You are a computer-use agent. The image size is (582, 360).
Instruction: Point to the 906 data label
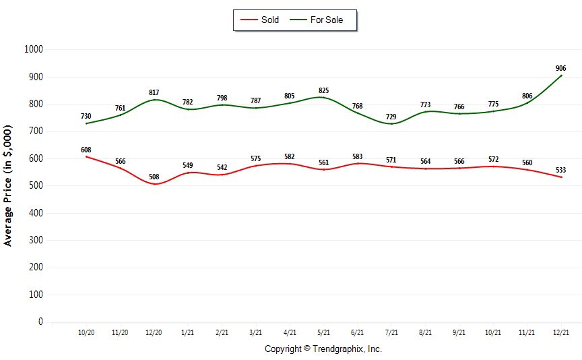coord(560,68)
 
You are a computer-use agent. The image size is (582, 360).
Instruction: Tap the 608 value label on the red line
coord(86,150)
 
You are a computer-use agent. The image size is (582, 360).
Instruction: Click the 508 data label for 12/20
coord(154,177)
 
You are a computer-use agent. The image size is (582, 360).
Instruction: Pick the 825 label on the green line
coord(324,90)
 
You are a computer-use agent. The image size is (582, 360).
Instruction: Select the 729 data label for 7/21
coord(391,117)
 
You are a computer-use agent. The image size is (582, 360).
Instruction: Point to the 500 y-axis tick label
coord(35,185)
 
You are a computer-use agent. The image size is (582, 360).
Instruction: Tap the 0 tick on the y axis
coord(40,322)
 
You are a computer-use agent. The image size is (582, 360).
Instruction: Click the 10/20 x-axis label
coord(86,332)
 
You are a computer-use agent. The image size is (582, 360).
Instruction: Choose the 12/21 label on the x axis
coord(561,332)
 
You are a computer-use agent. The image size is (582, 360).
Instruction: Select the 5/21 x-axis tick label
coord(324,332)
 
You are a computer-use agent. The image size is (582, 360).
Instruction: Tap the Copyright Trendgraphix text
coord(323,349)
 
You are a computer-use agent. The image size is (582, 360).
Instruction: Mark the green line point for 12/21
coord(561,76)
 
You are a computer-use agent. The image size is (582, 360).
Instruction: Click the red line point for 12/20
coord(154,184)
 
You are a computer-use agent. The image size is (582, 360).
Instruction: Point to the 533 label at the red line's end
coord(560,170)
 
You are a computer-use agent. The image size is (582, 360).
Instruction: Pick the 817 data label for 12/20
coord(154,92)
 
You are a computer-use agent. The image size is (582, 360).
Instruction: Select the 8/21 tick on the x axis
coord(426,332)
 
